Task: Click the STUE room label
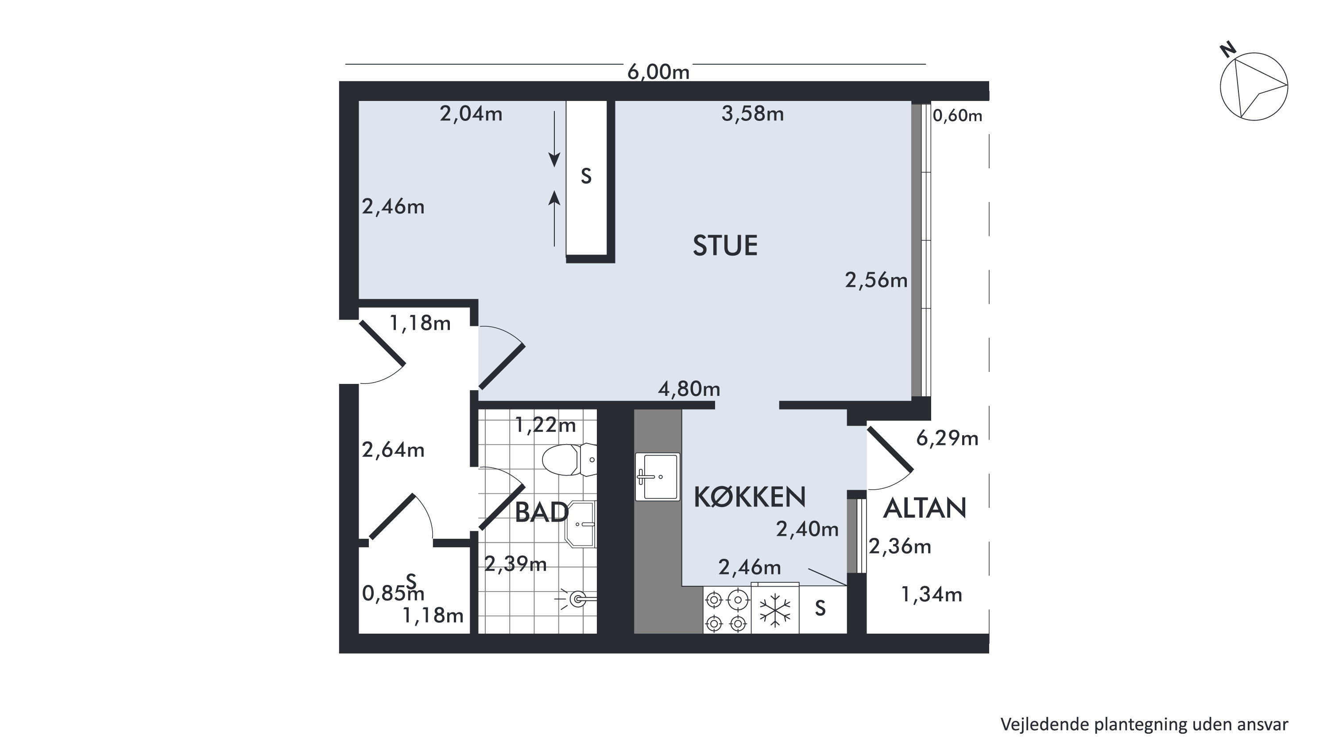(x=725, y=245)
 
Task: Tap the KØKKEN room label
(x=750, y=497)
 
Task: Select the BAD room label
(x=542, y=513)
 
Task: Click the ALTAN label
(x=925, y=508)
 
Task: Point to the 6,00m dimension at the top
(x=658, y=72)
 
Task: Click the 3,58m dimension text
(x=753, y=114)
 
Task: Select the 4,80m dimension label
(x=689, y=388)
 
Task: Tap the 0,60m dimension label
(x=958, y=116)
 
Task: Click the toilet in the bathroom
(x=569, y=460)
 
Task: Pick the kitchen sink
(x=658, y=476)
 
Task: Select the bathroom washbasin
(x=581, y=524)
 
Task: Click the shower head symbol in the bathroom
(x=576, y=599)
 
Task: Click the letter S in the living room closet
(x=586, y=176)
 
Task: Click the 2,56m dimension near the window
(x=876, y=280)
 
